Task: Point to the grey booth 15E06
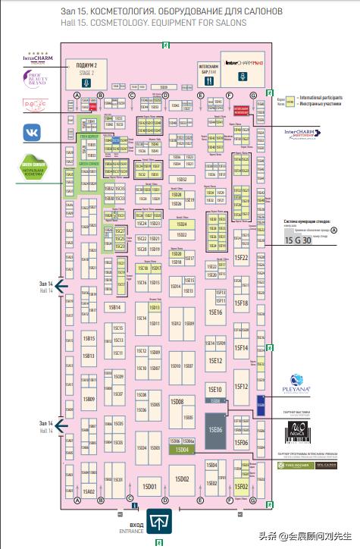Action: coord(216,428)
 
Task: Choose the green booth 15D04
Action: coord(182,450)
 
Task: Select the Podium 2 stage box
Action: coord(88,67)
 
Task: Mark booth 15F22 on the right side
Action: coord(242,258)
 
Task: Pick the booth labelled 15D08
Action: coord(177,400)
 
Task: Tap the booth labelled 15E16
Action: coord(215,312)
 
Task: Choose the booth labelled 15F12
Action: coord(242,386)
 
